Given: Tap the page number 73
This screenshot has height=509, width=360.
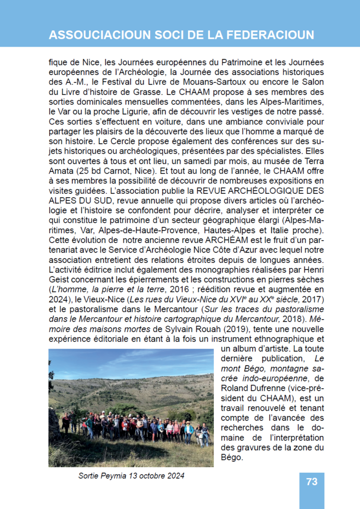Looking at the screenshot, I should pyautogui.click(x=312, y=482).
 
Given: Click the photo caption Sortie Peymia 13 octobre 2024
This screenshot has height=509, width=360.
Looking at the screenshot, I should pyautogui.click(x=131, y=476).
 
